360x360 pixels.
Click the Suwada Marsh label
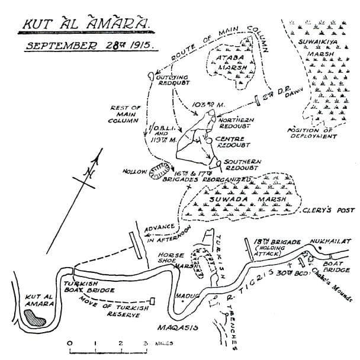pyautogui.click(x=238, y=200)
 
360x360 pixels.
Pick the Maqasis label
pyautogui.click(x=175, y=326)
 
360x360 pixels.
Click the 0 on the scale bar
pyautogui.click(x=69, y=343)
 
